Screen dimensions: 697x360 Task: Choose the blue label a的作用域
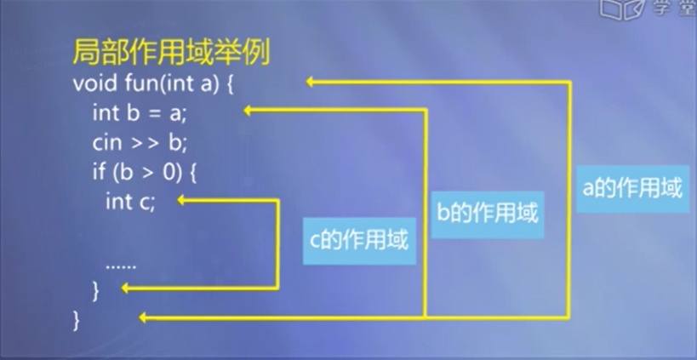(631, 188)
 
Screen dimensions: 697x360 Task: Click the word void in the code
(91, 85)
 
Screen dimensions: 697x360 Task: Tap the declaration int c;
(130, 201)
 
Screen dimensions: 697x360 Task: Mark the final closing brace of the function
(77, 319)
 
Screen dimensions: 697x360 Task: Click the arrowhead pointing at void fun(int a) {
(312, 82)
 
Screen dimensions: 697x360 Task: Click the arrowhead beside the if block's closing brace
(128, 289)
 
